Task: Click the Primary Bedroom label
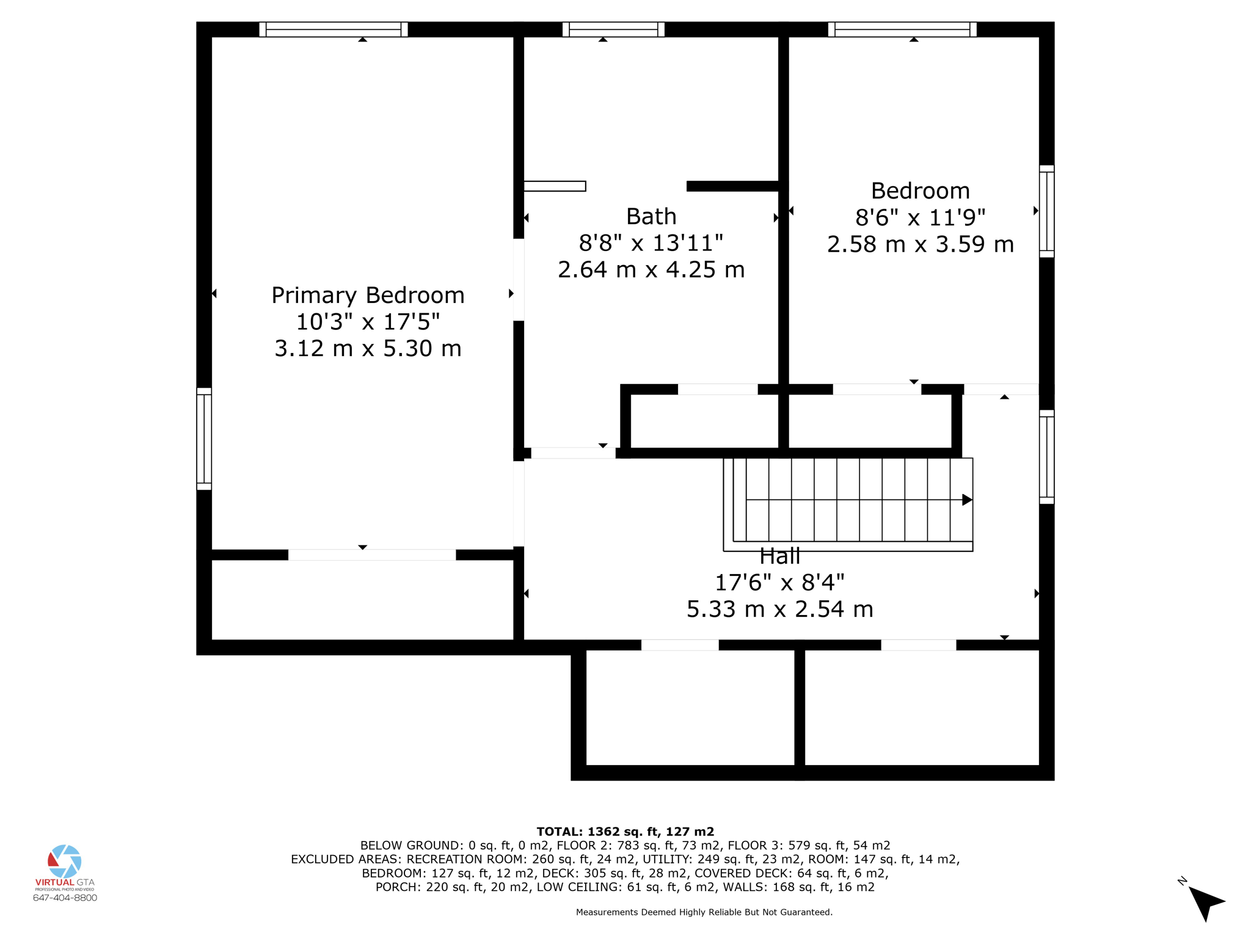point(368,296)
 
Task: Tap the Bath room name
point(651,217)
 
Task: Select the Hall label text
point(779,556)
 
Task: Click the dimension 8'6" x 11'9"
point(920,217)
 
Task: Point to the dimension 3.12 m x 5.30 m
point(368,349)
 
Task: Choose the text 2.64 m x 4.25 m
point(651,270)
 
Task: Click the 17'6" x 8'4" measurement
point(779,583)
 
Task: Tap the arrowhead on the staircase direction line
point(966,500)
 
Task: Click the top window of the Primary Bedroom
point(334,29)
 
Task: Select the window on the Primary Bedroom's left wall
point(204,438)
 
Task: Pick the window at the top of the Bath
point(613,29)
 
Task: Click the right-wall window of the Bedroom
point(1046,211)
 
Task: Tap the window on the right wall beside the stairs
point(1046,457)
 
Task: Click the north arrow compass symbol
point(1205,902)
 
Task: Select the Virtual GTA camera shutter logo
point(65,861)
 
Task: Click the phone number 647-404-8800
point(65,898)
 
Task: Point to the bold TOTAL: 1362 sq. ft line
point(625,831)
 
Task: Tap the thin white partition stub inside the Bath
point(555,186)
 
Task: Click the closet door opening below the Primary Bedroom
point(372,554)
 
